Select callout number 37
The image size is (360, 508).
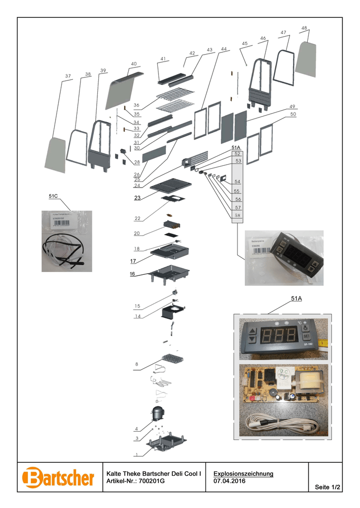[x=68, y=76]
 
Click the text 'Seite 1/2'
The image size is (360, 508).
[x=328, y=488]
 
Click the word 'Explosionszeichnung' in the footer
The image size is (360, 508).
[x=243, y=474]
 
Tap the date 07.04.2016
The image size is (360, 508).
[x=229, y=481]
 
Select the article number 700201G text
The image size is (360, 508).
[x=152, y=481]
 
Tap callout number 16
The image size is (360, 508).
[x=133, y=273]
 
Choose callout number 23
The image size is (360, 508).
[x=137, y=198]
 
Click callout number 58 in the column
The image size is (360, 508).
[x=237, y=215]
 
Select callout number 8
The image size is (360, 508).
[x=136, y=365]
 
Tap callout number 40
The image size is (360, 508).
[x=134, y=64]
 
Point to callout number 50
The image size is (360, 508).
[x=293, y=114]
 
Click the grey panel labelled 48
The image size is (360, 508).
[x=306, y=59]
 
